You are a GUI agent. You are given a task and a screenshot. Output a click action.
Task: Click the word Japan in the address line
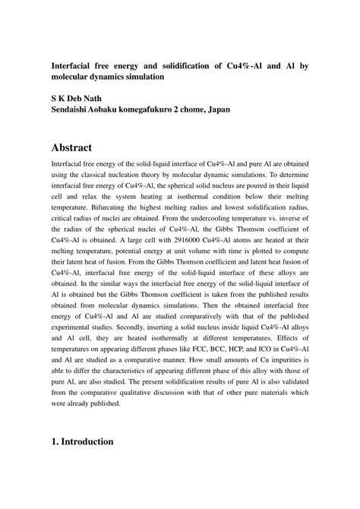point(214,109)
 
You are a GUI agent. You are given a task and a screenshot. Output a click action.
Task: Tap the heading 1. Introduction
point(82,441)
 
